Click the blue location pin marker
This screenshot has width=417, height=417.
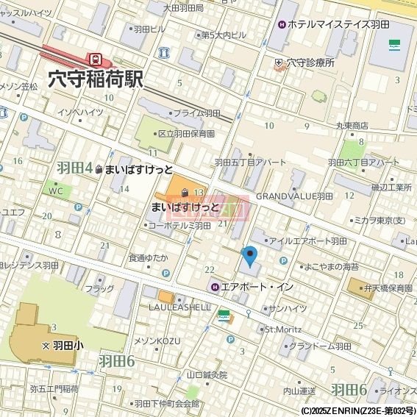(250, 256)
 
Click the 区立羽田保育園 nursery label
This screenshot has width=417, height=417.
(186, 134)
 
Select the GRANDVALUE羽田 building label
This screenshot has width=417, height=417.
(294, 196)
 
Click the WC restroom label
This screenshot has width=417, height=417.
(56, 190)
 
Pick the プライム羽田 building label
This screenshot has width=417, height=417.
(196, 113)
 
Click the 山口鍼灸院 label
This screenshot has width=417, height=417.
(207, 374)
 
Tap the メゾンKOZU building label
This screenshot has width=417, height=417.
(157, 341)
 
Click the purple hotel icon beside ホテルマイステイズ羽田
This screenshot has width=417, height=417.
(282, 24)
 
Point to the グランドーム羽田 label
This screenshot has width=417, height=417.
(319, 346)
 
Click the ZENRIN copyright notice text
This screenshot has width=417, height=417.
(348, 411)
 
